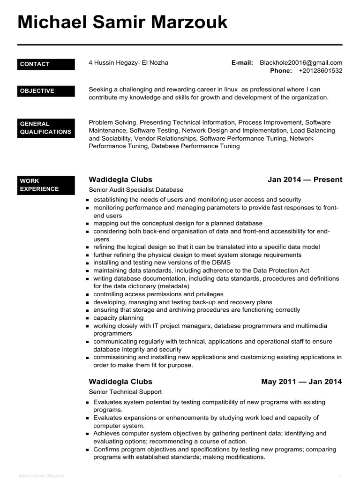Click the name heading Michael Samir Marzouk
122,22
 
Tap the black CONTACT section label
46,64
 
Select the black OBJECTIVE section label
46,91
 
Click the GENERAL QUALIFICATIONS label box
46,128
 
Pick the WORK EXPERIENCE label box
46,185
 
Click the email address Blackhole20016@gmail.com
301,62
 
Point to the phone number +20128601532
320,71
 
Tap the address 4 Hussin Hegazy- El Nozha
128,62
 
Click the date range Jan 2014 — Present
305,180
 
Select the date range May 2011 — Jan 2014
301,382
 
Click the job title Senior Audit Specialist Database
136,190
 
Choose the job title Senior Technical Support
125,392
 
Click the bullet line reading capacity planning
119,318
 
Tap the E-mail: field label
242,62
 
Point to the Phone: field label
281,71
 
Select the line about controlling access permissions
152,294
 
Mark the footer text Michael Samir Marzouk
41,476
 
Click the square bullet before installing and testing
89,263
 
